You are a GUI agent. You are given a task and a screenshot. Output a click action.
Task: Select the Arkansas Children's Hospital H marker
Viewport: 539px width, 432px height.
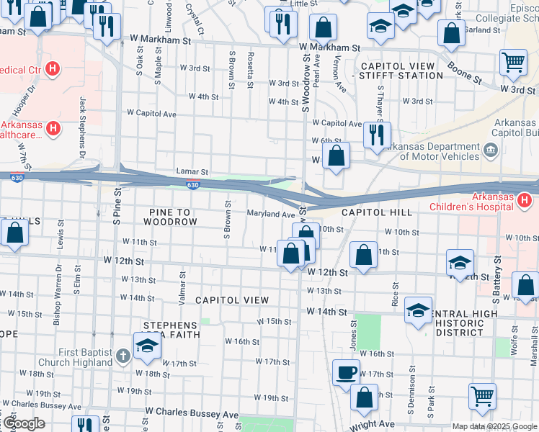pos(527,199)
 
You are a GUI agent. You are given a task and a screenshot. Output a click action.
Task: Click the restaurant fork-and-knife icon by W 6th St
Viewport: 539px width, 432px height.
pos(377,134)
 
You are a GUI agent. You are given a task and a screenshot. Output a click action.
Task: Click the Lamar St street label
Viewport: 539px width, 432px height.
pos(192,172)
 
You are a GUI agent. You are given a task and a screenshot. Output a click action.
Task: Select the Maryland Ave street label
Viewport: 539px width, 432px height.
pos(272,214)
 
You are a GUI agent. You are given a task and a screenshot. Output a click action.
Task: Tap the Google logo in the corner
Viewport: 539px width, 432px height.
pos(23,423)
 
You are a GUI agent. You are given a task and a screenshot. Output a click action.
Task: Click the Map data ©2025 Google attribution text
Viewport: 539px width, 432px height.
pos(494,426)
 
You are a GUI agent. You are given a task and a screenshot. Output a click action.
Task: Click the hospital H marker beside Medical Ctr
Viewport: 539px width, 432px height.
pos(52,69)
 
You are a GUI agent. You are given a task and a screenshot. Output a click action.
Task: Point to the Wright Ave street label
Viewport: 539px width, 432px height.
pos(373,425)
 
